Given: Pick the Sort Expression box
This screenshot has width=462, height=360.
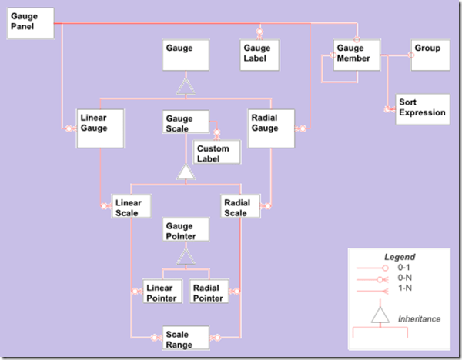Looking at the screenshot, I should click(421, 108).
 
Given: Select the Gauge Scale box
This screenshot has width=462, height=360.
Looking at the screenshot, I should click(186, 122).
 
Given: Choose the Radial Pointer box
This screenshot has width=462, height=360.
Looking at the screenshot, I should click(208, 292).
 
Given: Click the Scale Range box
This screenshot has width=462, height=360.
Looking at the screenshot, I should click(186, 338).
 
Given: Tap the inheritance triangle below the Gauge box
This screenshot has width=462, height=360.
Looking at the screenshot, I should click(185, 87).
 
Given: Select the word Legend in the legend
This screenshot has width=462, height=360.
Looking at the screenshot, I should click(400, 256).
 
